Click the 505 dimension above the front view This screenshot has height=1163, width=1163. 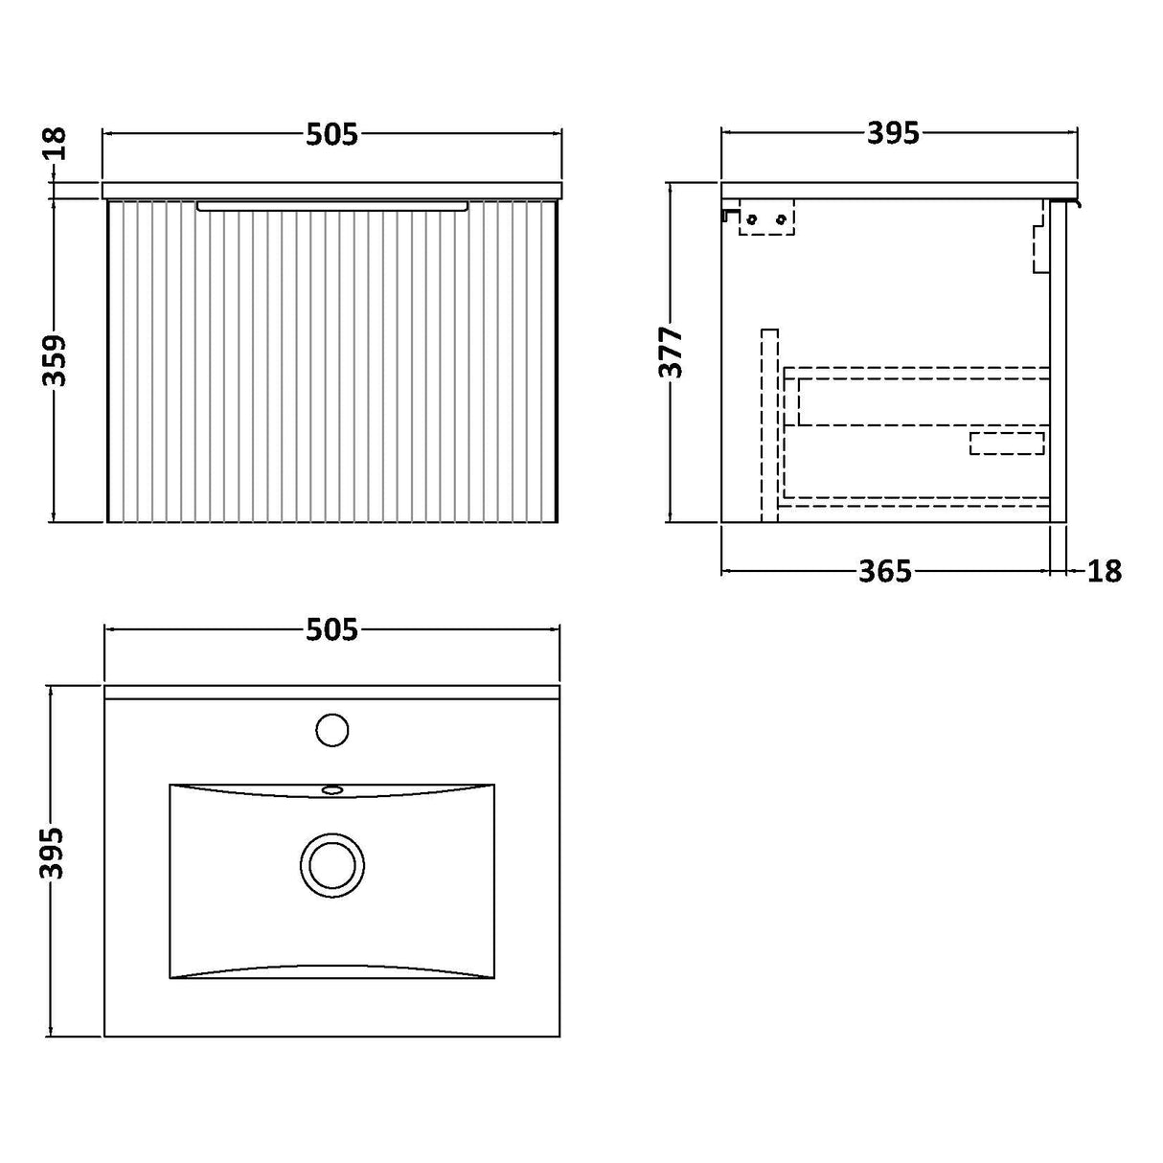331,135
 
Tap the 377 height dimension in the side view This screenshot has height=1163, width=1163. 673,353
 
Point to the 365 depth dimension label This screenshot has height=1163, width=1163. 884,572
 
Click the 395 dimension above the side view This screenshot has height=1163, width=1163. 893,134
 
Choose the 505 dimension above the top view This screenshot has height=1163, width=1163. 331,630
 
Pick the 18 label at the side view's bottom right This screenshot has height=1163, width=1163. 1104,572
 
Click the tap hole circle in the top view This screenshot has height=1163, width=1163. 331,729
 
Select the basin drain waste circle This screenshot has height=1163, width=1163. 332,864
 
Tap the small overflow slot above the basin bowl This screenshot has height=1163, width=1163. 332,790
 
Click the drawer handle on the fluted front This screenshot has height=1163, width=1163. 331,205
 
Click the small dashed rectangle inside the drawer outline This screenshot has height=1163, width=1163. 1006,444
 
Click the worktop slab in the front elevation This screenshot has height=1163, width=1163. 331,190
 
